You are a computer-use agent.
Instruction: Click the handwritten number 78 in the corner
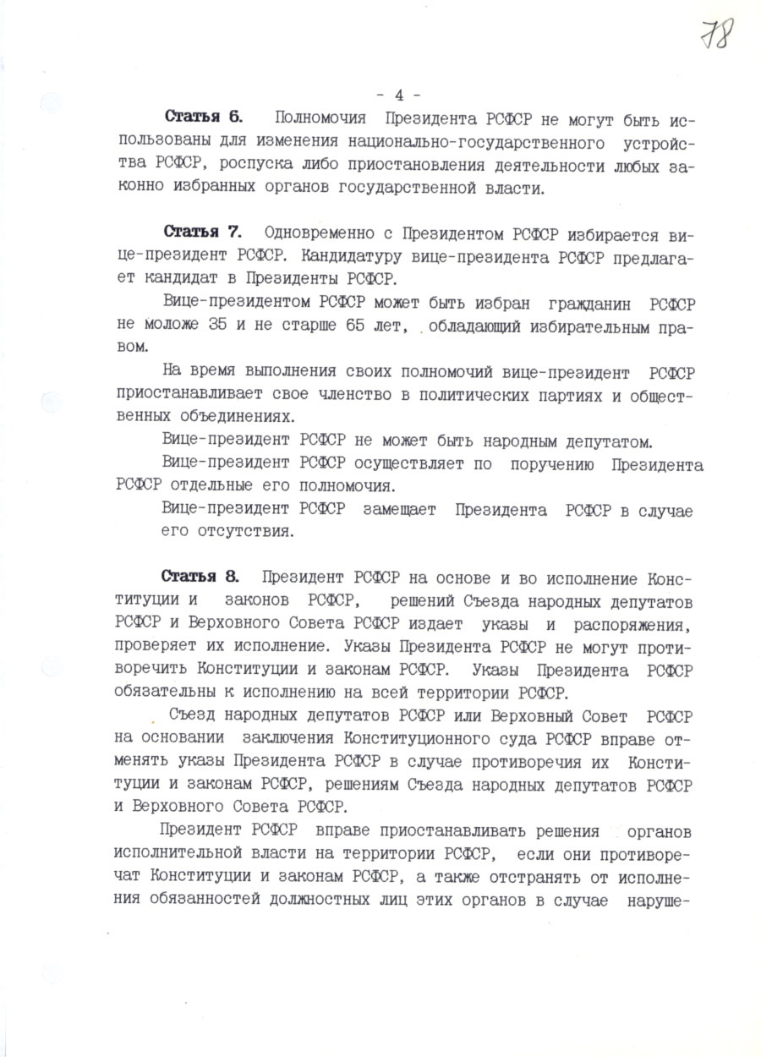click(x=716, y=36)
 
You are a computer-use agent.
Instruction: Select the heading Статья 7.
click(x=203, y=231)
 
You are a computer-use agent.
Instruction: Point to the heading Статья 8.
click(x=200, y=577)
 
